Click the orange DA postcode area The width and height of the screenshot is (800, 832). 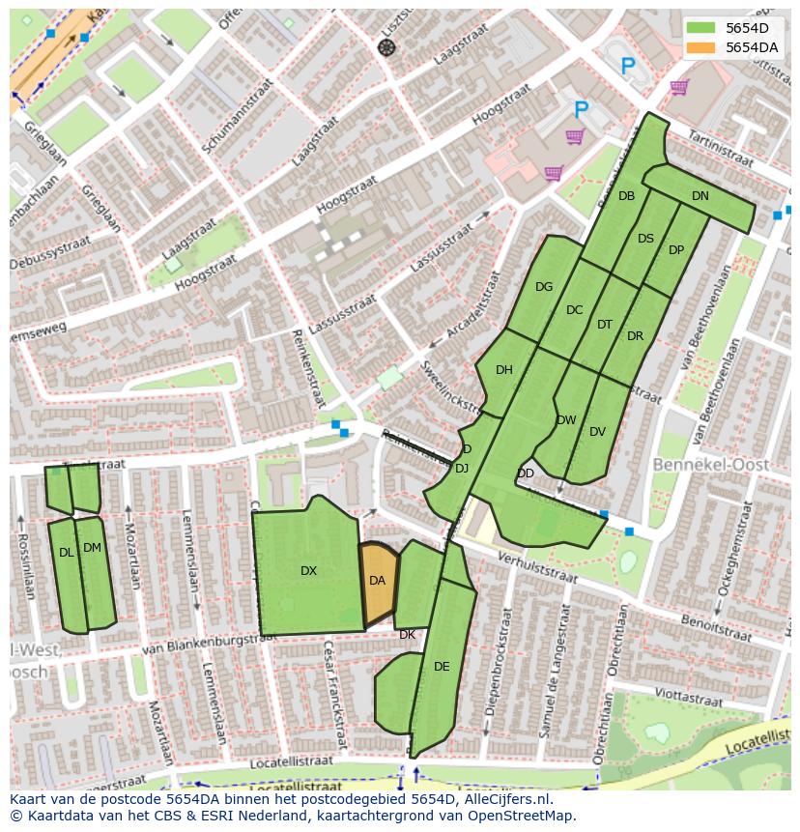click(x=378, y=582)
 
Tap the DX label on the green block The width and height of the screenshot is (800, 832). click(x=308, y=571)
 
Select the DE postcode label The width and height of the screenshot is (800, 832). click(x=442, y=667)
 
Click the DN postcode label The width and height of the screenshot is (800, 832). click(x=700, y=196)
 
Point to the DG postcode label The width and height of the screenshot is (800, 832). click(x=544, y=287)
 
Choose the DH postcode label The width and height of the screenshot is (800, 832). click(x=503, y=370)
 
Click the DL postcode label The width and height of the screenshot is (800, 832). click(x=66, y=553)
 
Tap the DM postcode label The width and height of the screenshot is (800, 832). click(x=92, y=548)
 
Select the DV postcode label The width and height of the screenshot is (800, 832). click(x=597, y=432)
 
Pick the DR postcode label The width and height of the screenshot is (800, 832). click(x=635, y=337)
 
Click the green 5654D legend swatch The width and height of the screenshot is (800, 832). click(x=701, y=28)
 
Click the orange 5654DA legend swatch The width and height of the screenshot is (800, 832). click(x=701, y=47)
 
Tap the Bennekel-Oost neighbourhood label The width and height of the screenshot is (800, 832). click(x=711, y=465)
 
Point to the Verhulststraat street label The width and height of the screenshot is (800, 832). click(x=535, y=567)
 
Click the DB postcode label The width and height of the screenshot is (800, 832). click(x=626, y=196)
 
